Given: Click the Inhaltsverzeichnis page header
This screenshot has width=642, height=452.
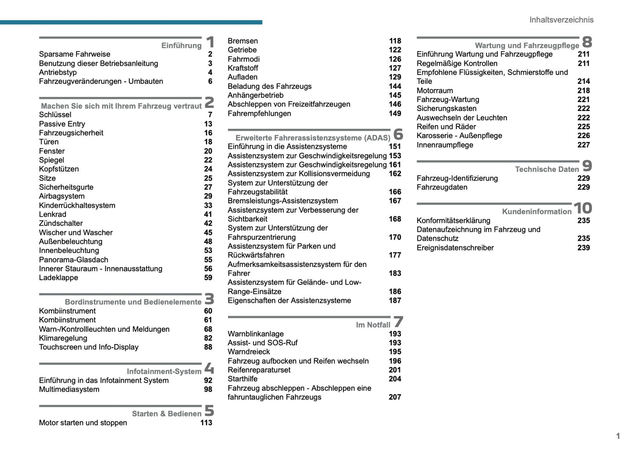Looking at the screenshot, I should [561, 20].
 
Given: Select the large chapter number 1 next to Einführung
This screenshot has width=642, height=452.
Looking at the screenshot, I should [210, 42].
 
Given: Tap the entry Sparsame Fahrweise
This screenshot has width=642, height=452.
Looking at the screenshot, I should [75, 54].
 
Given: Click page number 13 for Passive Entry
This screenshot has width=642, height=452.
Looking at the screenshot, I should [208, 124].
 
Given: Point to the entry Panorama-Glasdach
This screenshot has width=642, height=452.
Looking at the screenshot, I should [73, 260].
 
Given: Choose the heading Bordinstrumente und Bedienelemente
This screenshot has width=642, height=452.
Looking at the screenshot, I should [133, 302].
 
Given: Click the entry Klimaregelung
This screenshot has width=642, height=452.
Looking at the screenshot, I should [63, 338].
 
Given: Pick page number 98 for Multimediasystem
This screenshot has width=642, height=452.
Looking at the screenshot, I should [208, 389].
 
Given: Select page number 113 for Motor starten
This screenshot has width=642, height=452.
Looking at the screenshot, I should [206, 423].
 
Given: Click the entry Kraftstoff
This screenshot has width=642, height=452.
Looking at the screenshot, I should [243, 68].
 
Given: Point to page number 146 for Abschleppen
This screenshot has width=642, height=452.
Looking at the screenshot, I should [395, 104].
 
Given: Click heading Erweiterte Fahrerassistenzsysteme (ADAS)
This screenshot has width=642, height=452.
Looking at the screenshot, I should [312, 138].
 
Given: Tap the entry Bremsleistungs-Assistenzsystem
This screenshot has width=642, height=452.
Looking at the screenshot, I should [283, 201].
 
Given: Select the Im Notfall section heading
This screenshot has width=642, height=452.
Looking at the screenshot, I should [373, 325].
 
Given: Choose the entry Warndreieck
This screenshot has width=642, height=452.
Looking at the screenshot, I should [248, 352].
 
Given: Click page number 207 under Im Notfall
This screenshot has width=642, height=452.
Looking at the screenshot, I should [395, 397].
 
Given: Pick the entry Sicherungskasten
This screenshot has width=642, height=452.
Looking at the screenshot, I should [446, 108].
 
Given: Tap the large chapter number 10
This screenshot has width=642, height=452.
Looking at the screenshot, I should [582, 208].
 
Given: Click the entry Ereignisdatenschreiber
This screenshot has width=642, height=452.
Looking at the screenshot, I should [455, 248].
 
